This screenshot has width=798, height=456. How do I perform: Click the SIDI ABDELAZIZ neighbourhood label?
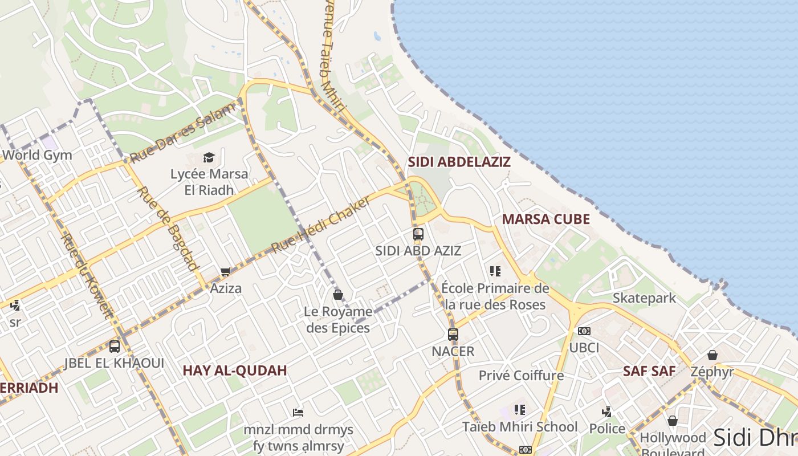(x=459, y=162)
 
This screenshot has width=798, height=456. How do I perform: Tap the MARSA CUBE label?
(x=545, y=219)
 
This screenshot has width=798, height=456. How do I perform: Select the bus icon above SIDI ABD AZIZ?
(x=418, y=234)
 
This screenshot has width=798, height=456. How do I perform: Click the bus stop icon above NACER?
(x=453, y=334)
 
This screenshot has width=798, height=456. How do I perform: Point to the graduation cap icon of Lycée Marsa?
(x=209, y=157)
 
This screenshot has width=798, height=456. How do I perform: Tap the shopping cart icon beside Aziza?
(x=226, y=272)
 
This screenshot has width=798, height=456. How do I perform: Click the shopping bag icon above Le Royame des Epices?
(x=338, y=295)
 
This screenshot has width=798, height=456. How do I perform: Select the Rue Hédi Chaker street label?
(x=321, y=224)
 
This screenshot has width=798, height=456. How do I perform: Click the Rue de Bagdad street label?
(x=169, y=228)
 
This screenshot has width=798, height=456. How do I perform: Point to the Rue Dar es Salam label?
(x=182, y=133)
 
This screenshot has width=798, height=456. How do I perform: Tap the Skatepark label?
(x=644, y=298)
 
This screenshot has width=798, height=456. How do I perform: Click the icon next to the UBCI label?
(x=584, y=331)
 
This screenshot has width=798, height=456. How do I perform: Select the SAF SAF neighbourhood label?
(x=649, y=371)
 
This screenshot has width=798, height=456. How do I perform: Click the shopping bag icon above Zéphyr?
(x=712, y=355)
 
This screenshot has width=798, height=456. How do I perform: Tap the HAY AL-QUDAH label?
(x=235, y=370)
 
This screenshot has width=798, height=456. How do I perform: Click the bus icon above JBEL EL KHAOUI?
(x=115, y=346)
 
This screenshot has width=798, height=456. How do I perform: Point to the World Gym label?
(x=37, y=155)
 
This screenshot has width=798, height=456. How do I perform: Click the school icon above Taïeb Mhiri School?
(x=519, y=409)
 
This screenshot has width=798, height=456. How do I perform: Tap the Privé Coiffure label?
(x=521, y=376)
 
